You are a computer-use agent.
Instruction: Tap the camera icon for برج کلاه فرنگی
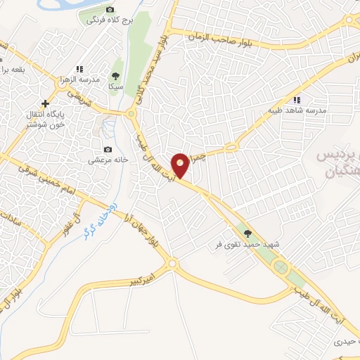(x=110, y=9)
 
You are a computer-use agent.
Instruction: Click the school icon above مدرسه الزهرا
(x=79, y=69)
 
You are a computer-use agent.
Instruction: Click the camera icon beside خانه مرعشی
(x=108, y=149)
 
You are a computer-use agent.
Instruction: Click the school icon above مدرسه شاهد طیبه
(x=297, y=100)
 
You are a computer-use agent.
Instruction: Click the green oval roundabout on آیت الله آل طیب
(x=281, y=268)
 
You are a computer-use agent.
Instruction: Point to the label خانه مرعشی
(x=107, y=160)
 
